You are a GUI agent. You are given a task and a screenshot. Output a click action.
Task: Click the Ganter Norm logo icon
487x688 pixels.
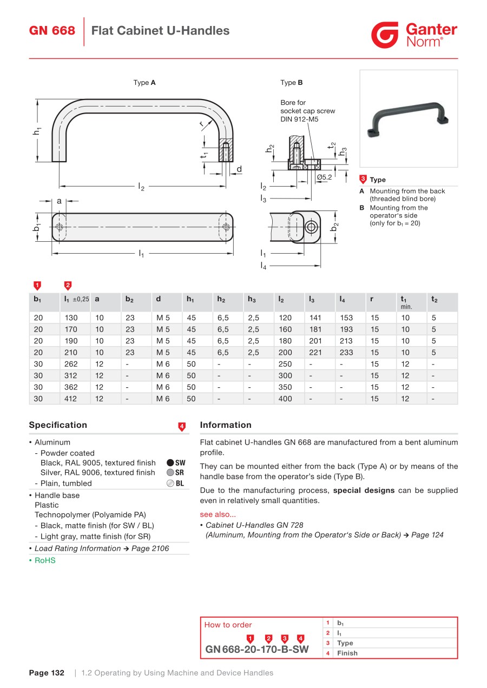(x=385, y=35)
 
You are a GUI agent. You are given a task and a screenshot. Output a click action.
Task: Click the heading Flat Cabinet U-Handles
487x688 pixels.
(x=160, y=31)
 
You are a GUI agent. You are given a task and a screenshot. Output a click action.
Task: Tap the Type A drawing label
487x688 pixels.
(x=144, y=83)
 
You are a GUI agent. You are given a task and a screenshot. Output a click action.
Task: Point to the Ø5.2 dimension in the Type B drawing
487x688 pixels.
(x=324, y=177)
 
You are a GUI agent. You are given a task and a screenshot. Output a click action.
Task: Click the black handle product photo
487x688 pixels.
(x=409, y=118)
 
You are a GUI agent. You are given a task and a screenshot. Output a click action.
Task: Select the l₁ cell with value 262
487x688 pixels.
(x=71, y=364)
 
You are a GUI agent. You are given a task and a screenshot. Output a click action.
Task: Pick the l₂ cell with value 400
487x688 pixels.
(x=285, y=399)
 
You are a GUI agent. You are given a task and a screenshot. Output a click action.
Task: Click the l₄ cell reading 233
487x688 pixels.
(x=346, y=353)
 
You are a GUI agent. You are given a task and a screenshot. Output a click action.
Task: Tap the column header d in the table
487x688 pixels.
(x=159, y=299)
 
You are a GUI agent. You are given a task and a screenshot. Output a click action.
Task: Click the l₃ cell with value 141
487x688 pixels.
(x=315, y=318)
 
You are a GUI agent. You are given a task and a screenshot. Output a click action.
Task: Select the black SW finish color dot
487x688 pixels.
(x=170, y=463)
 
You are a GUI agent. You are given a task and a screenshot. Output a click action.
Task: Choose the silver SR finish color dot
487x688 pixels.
(x=170, y=473)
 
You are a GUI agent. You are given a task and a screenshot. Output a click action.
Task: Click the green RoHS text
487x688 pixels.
(x=45, y=561)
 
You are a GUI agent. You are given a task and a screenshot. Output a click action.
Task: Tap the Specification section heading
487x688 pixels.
(x=58, y=425)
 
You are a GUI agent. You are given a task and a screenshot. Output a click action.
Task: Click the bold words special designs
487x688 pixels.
(x=364, y=491)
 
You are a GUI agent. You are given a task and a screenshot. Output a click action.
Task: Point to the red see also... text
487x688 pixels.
(x=218, y=515)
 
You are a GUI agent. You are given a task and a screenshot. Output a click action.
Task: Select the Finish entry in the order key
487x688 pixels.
(x=347, y=653)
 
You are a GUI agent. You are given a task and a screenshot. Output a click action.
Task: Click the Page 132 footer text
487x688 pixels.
(x=47, y=673)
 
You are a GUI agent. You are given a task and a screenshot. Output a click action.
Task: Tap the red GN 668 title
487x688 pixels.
(x=52, y=31)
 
